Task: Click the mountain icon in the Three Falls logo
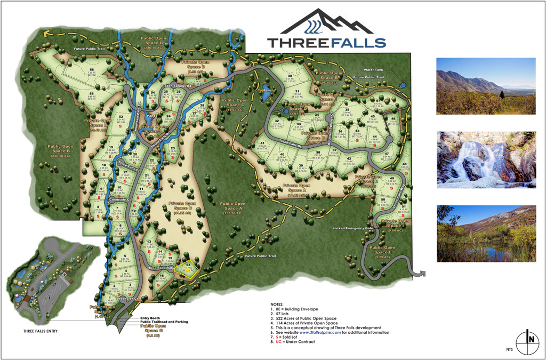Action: [x=326, y=22]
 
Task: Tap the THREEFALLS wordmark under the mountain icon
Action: [x=326, y=43]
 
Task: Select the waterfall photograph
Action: [x=486, y=159]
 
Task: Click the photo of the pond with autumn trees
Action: [x=486, y=234]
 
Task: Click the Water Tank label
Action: [x=373, y=69]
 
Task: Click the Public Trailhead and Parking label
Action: [x=164, y=322]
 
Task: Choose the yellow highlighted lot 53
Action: [x=188, y=267]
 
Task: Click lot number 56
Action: [x=92, y=70]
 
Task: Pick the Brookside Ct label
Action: [x=128, y=299]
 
